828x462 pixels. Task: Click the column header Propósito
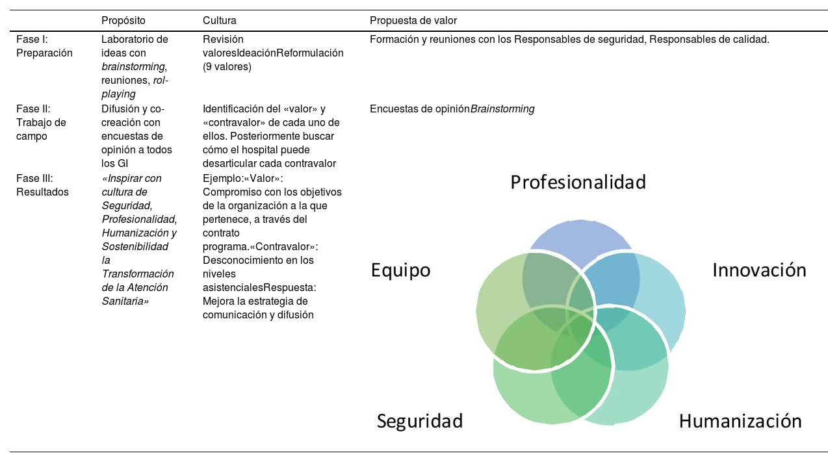[123, 21]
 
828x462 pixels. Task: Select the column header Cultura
[220, 21]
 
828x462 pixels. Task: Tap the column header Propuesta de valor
[413, 21]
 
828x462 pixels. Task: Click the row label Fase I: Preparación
[44, 46]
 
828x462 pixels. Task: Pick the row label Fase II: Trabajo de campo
[42, 123]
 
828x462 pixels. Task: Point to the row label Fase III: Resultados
[42, 185]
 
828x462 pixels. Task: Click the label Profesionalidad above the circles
[578, 182]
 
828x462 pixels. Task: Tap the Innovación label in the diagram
[759, 270]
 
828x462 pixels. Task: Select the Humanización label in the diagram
[740, 421]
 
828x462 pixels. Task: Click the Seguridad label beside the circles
[420, 421]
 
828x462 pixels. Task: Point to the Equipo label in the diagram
[400, 270]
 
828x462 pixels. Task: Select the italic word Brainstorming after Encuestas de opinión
[502, 109]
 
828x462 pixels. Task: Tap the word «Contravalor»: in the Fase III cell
[285, 246]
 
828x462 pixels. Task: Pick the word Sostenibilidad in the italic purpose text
[135, 246]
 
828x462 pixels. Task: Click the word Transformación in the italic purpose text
[138, 274]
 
